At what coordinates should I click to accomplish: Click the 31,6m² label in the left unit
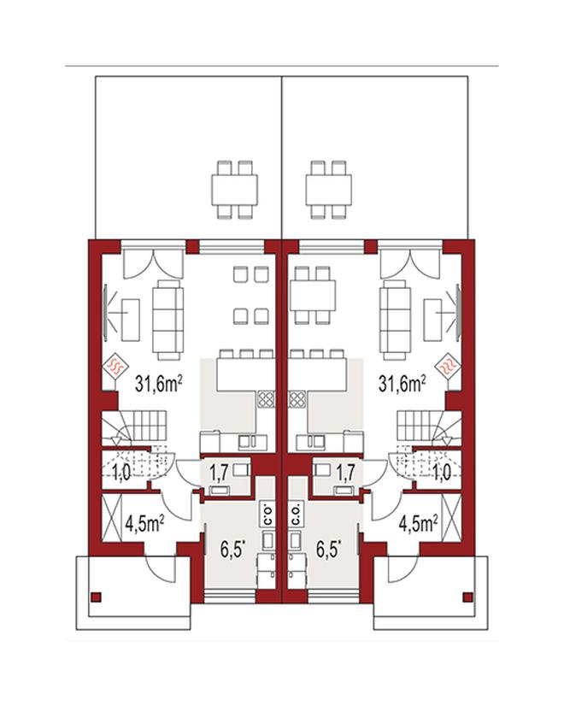(x=159, y=384)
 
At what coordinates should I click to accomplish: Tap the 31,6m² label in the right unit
(x=402, y=384)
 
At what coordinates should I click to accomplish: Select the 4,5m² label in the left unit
(x=144, y=525)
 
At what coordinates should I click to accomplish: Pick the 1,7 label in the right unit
(x=345, y=473)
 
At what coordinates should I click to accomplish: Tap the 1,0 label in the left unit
(x=121, y=473)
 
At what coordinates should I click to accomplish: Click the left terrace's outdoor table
(x=234, y=190)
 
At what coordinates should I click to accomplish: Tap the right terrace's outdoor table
(x=329, y=190)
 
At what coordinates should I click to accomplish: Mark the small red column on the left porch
(x=96, y=597)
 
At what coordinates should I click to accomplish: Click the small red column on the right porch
(x=468, y=597)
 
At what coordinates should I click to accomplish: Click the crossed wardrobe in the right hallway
(x=452, y=518)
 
